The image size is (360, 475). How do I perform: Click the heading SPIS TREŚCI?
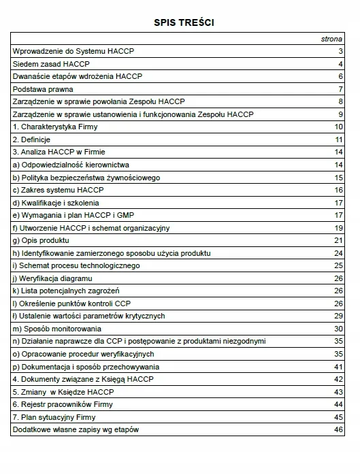coord(180,22)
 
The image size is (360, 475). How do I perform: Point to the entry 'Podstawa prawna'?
coord(43,89)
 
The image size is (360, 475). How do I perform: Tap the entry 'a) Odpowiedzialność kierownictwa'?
coord(71,165)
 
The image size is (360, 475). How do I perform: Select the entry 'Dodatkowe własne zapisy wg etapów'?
coord(76,429)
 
